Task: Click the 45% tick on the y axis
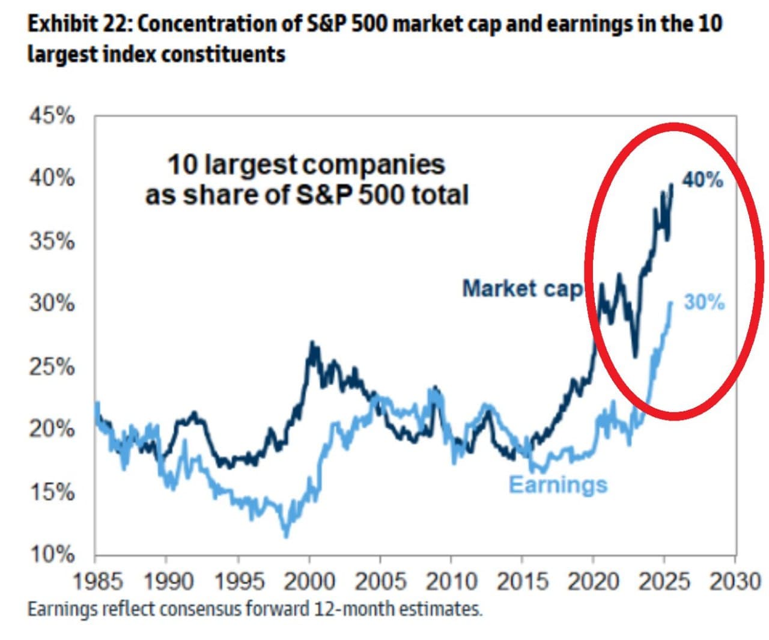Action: [52, 116]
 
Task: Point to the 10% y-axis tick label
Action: [52, 554]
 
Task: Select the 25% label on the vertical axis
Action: [52, 367]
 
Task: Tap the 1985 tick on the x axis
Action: [97, 581]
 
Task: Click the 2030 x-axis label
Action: [734, 581]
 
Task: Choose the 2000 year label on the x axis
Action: [310, 581]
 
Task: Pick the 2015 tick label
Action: [523, 581]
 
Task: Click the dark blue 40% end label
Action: [702, 179]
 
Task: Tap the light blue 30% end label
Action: [704, 302]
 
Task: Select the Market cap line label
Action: [522, 288]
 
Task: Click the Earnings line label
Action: [558, 484]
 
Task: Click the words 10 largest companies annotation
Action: [306, 165]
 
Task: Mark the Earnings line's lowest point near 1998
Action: [286, 535]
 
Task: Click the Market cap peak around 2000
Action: [312, 343]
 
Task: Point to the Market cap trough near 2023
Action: [635, 356]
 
